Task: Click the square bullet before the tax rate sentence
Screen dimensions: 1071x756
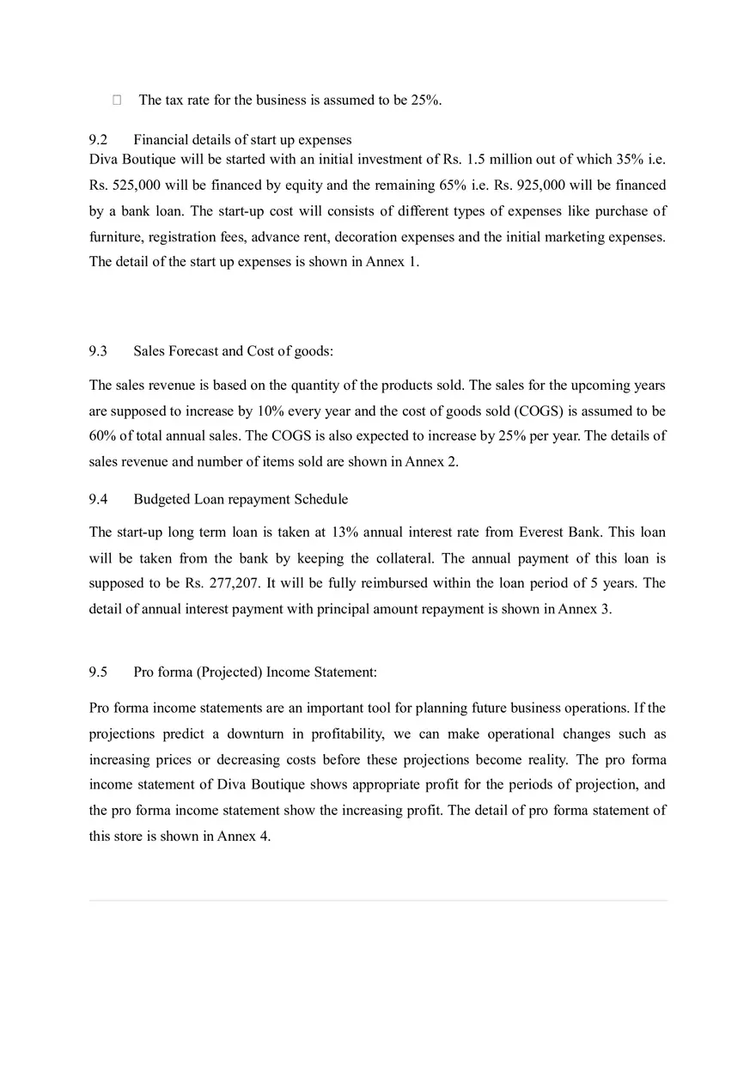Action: pos(117,100)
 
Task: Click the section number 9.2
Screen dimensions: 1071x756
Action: pos(99,140)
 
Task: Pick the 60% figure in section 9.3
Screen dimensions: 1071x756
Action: pos(104,435)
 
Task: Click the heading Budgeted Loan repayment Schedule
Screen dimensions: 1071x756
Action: pos(241,499)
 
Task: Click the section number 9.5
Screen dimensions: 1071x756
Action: pos(99,672)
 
